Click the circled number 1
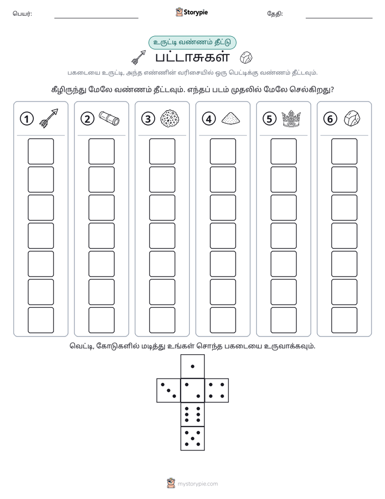(26, 119)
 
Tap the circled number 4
(209, 119)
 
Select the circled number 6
(330, 119)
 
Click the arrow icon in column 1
(49, 118)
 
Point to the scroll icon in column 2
(109, 118)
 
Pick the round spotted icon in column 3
(170, 119)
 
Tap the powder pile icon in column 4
(231, 118)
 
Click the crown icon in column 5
(291, 119)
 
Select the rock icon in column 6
(352, 118)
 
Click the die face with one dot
(192, 367)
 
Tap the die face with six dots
(192, 414)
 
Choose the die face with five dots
(192, 438)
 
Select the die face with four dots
(217, 390)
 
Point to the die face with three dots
(169, 390)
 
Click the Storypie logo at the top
(191, 12)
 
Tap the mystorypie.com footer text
(197, 484)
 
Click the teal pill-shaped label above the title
(192, 43)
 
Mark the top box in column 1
(40, 151)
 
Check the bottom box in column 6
(345, 320)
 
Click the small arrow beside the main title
(139, 57)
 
